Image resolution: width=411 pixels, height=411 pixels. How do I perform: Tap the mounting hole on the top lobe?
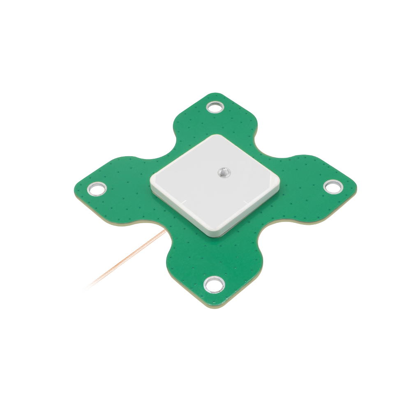tap(214, 107)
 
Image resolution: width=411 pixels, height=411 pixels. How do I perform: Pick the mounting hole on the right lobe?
tap(333, 186)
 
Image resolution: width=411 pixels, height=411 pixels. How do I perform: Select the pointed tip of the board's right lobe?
tap(356, 187)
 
